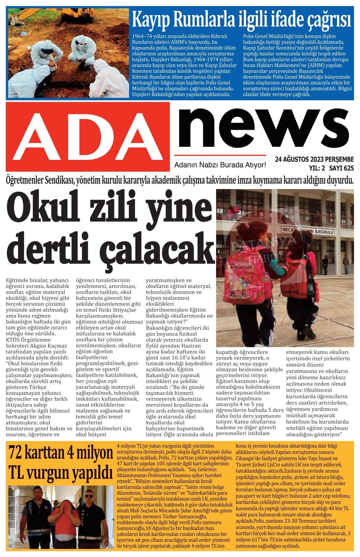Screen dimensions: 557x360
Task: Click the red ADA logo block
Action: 88,137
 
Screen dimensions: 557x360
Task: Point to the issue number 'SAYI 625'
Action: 341,168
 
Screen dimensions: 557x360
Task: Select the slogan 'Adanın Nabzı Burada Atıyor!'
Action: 220,164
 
